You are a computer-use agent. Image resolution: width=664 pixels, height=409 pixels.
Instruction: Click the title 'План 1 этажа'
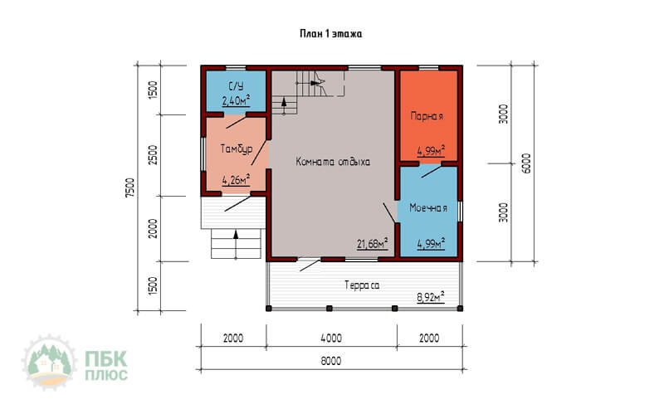pyautogui.click(x=330, y=34)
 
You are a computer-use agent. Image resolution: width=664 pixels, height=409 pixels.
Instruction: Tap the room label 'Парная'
pyautogui.click(x=427, y=116)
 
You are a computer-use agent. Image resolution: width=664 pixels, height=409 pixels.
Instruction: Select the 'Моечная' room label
pyautogui.click(x=428, y=208)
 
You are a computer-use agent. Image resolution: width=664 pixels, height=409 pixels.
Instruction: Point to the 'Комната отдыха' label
pyautogui.click(x=333, y=162)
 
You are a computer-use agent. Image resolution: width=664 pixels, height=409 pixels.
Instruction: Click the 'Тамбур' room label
pyautogui.click(x=237, y=149)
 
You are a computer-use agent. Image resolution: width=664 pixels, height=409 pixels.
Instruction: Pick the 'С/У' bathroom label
pyautogui.click(x=236, y=86)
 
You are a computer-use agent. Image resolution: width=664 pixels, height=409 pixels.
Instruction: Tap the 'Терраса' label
pyautogui.click(x=362, y=285)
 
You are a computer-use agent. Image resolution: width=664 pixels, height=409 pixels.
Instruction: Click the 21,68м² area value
pyautogui.click(x=372, y=243)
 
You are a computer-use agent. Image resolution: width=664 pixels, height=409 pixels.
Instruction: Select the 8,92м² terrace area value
pyautogui.click(x=431, y=297)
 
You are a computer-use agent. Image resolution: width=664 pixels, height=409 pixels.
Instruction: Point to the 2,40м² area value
pyautogui.click(x=236, y=100)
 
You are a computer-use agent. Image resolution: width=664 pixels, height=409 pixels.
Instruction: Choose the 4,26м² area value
pyautogui.click(x=236, y=180)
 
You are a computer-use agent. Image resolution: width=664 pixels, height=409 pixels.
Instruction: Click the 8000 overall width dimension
pyautogui.click(x=330, y=361)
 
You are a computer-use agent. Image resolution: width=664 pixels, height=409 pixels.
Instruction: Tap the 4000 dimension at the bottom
pyautogui.click(x=331, y=338)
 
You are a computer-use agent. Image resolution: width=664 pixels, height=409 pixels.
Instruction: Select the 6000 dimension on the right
pyautogui.click(x=525, y=163)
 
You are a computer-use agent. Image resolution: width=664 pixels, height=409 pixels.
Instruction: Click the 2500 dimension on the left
pyautogui.click(x=153, y=155)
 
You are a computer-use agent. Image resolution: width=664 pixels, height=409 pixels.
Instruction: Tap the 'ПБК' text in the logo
pyautogui.click(x=106, y=359)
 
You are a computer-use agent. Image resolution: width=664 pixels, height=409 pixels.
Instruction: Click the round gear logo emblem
pyautogui.click(x=50, y=362)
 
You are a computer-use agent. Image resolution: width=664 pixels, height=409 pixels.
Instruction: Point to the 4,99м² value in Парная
pyautogui.click(x=431, y=150)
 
